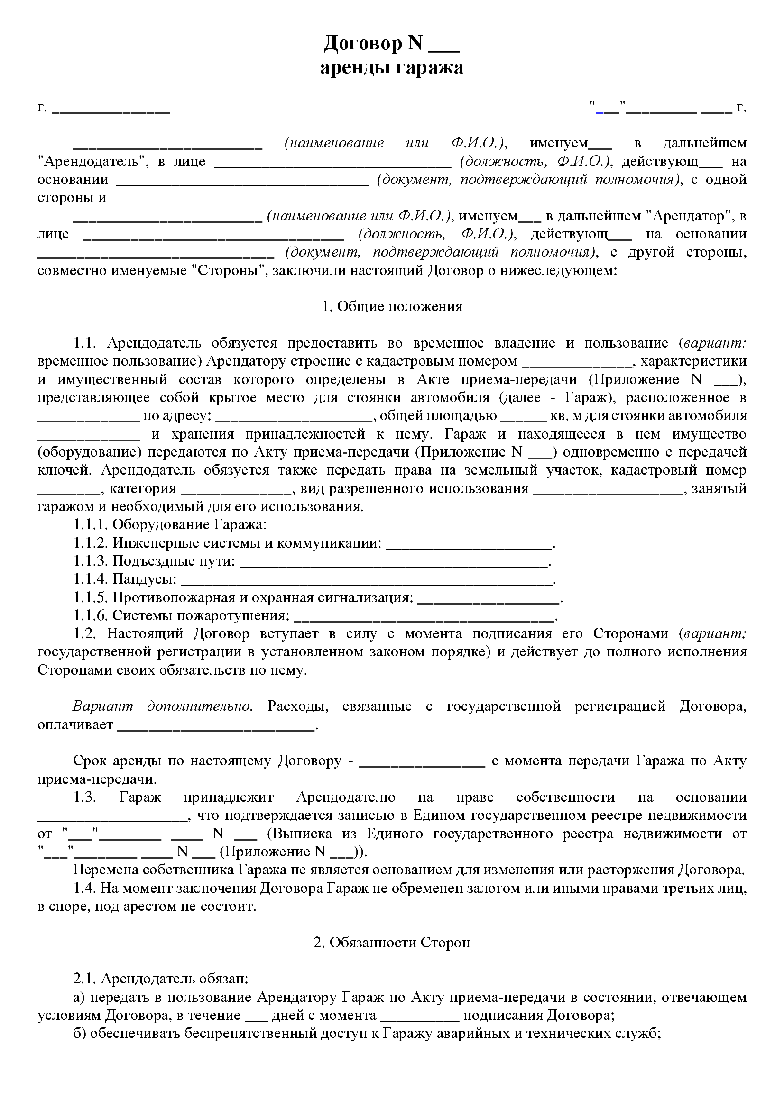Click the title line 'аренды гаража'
(x=391, y=68)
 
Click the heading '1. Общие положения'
(x=392, y=306)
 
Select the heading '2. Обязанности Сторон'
(x=392, y=943)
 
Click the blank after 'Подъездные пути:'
(x=394, y=561)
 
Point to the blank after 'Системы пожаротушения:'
(x=424, y=616)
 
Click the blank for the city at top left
(x=111, y=108)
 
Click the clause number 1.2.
(x=84, y=634)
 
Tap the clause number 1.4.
(x=84, y=888)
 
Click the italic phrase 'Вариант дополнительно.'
(x=163, y=706)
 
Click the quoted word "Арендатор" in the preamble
(x=686, y=216)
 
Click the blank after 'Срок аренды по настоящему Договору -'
(x=423, y=761)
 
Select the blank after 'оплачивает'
(x=216, y=725)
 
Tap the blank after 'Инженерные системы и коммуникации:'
(x=469, y=543)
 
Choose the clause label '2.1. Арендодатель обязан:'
(x=160, y=979)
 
